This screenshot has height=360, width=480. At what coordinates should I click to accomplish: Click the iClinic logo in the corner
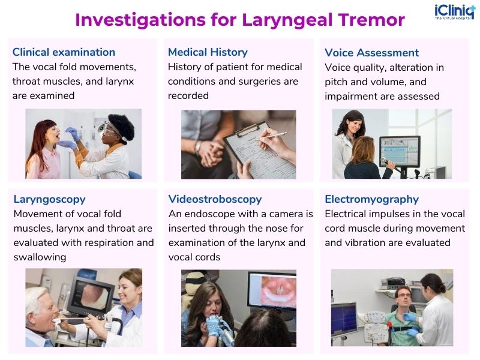pos(454,13)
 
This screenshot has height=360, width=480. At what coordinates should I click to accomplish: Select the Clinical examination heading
pos(64,52)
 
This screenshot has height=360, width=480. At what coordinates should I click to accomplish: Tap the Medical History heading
pos(208,52)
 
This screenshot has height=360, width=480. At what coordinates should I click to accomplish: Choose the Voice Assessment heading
pos(371,53)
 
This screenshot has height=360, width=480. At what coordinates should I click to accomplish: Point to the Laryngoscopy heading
pos(49,199)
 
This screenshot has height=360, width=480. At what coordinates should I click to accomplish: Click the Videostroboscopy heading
pos(215,199)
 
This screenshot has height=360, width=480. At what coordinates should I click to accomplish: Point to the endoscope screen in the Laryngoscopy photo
pos(96,295)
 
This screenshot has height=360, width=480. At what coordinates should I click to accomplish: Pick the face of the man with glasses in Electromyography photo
pos(403,297)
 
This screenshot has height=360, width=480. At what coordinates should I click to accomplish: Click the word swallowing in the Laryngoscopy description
pos(40,257)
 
